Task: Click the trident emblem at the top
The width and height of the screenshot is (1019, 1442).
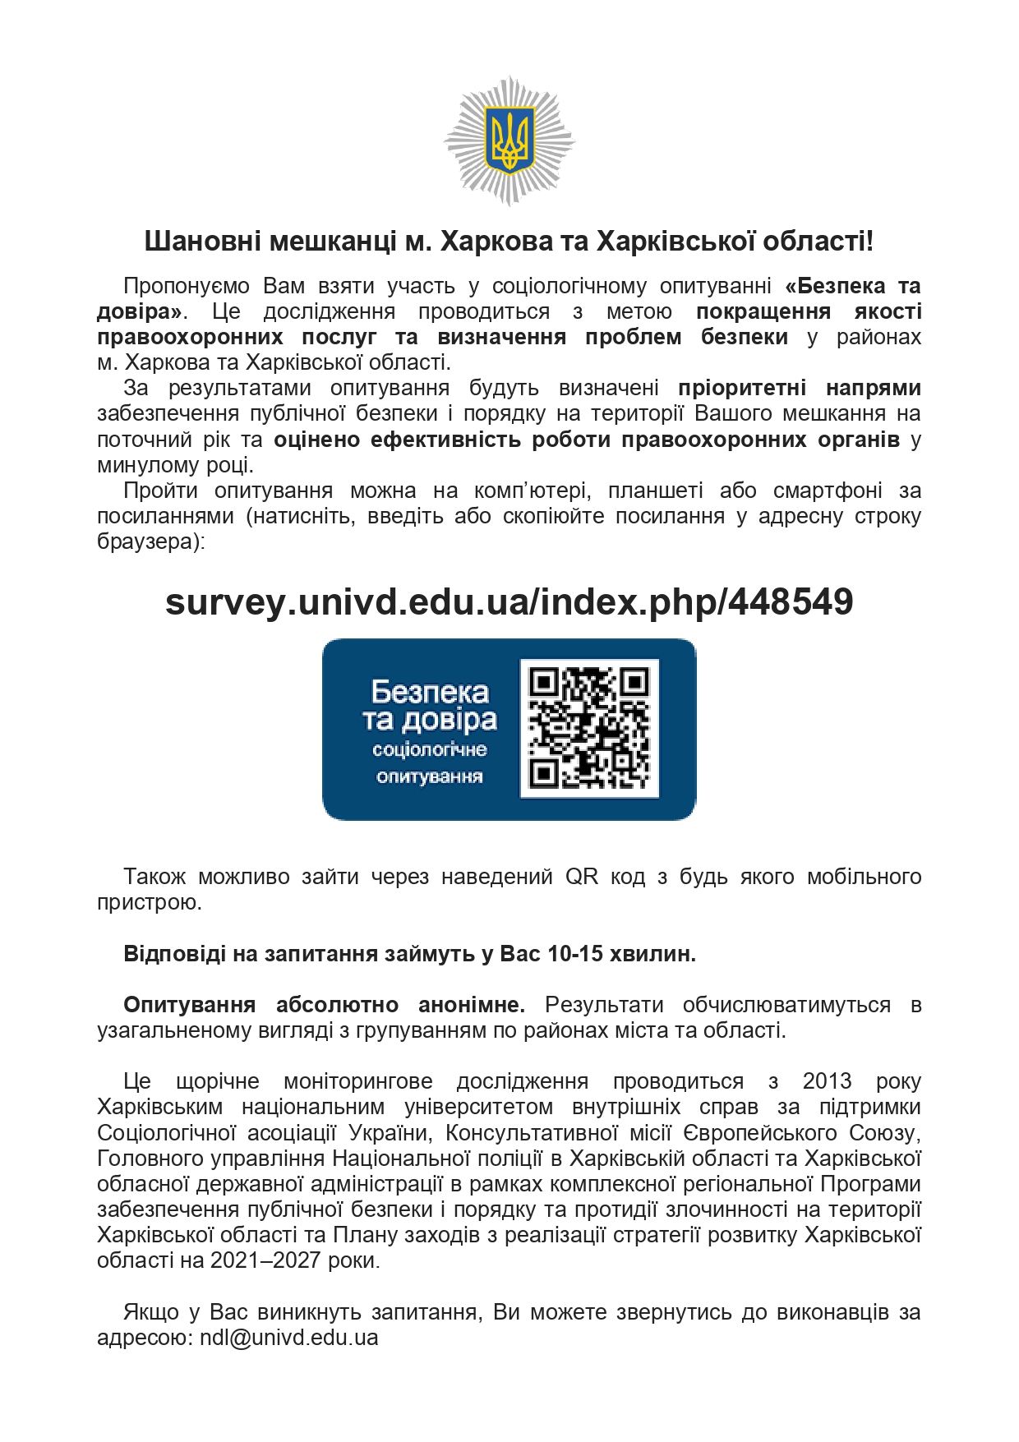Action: click(x=509, y=141)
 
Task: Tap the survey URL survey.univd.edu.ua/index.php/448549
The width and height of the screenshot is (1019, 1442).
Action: click(x=509, y=601)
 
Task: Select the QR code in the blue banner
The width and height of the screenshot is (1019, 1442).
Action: click(x=589, y=728)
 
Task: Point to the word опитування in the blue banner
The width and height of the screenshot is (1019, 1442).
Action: click(x=429, y=776)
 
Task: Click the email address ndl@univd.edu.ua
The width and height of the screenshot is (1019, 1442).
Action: click(x=288, y=1337)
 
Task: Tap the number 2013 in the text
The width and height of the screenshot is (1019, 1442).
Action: click(x=827, y=1080)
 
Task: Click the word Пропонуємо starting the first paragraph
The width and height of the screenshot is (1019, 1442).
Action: click(x=187, y=286)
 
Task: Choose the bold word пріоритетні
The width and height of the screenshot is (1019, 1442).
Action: click(x=742, y=388)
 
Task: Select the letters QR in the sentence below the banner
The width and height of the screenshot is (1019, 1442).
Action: click(x=582, y=877)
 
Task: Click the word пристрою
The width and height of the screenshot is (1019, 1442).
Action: click(x=149, y=902)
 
